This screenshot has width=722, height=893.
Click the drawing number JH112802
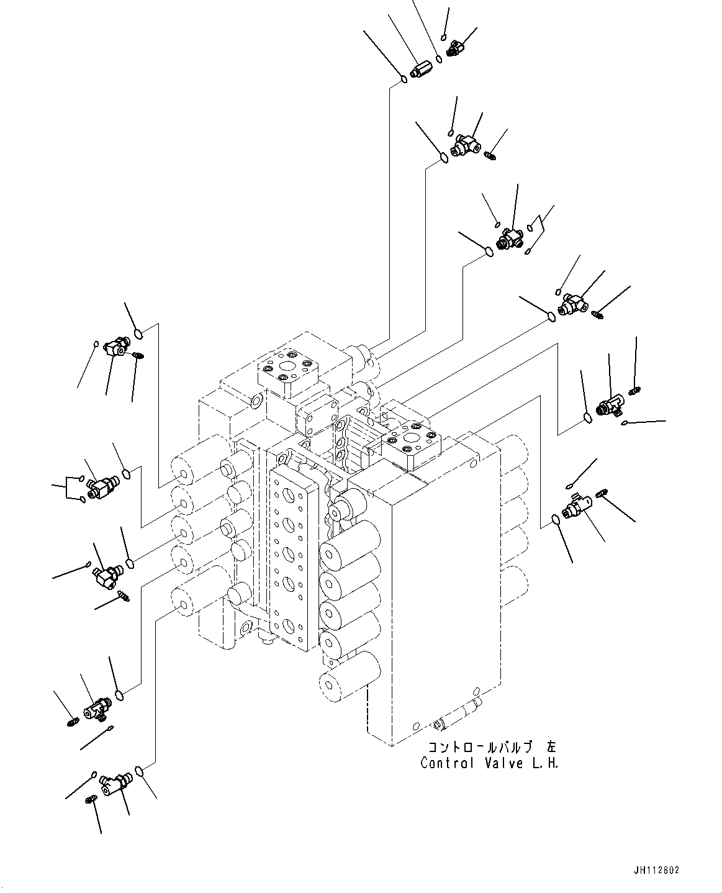click(656, 871)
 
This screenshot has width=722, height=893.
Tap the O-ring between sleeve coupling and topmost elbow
click(439, 59)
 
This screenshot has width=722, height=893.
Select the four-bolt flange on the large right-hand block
click(413, 443)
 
